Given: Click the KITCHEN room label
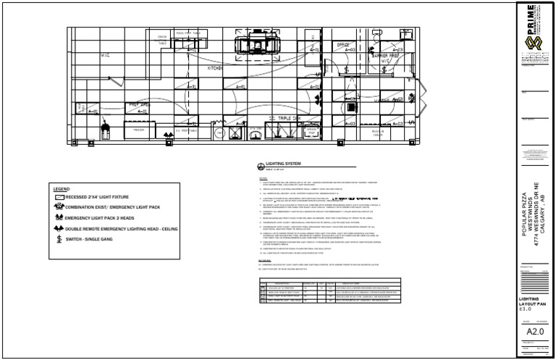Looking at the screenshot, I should tap(215, 69).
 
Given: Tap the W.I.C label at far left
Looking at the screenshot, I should tap(105, 54).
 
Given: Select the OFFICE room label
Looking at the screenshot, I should tap(344, 44).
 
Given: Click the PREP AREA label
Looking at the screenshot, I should tap(139, 105).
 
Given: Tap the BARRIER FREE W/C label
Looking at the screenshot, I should tap(386, 56).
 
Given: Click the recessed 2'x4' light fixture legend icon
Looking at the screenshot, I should tap(59, 196).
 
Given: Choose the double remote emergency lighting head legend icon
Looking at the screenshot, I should tap(59, 227).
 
